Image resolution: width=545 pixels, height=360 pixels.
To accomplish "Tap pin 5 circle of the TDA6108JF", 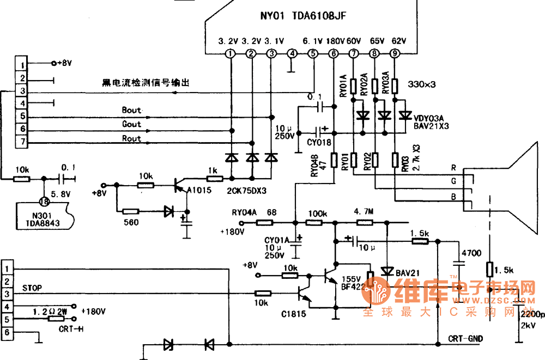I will (x=312, y=53).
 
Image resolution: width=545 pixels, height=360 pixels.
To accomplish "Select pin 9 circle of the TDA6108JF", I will (x=395, y=53).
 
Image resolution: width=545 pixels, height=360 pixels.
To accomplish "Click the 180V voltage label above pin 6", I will (x=335, y=41).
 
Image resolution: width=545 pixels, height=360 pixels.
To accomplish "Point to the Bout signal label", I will (x=131, y=110).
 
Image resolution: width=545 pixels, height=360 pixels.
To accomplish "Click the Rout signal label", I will (x=131, y=139).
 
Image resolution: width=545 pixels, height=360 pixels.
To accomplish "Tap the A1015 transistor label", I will (x=198, y=190).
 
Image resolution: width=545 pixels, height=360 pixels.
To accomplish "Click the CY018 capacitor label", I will (x=319, y=142).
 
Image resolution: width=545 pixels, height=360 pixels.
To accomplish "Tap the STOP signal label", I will (x=33, y=287).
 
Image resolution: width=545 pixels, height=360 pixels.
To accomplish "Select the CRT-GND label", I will (x=465, y=339).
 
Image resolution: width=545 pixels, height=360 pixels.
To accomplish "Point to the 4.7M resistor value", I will (x=364, y=211).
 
